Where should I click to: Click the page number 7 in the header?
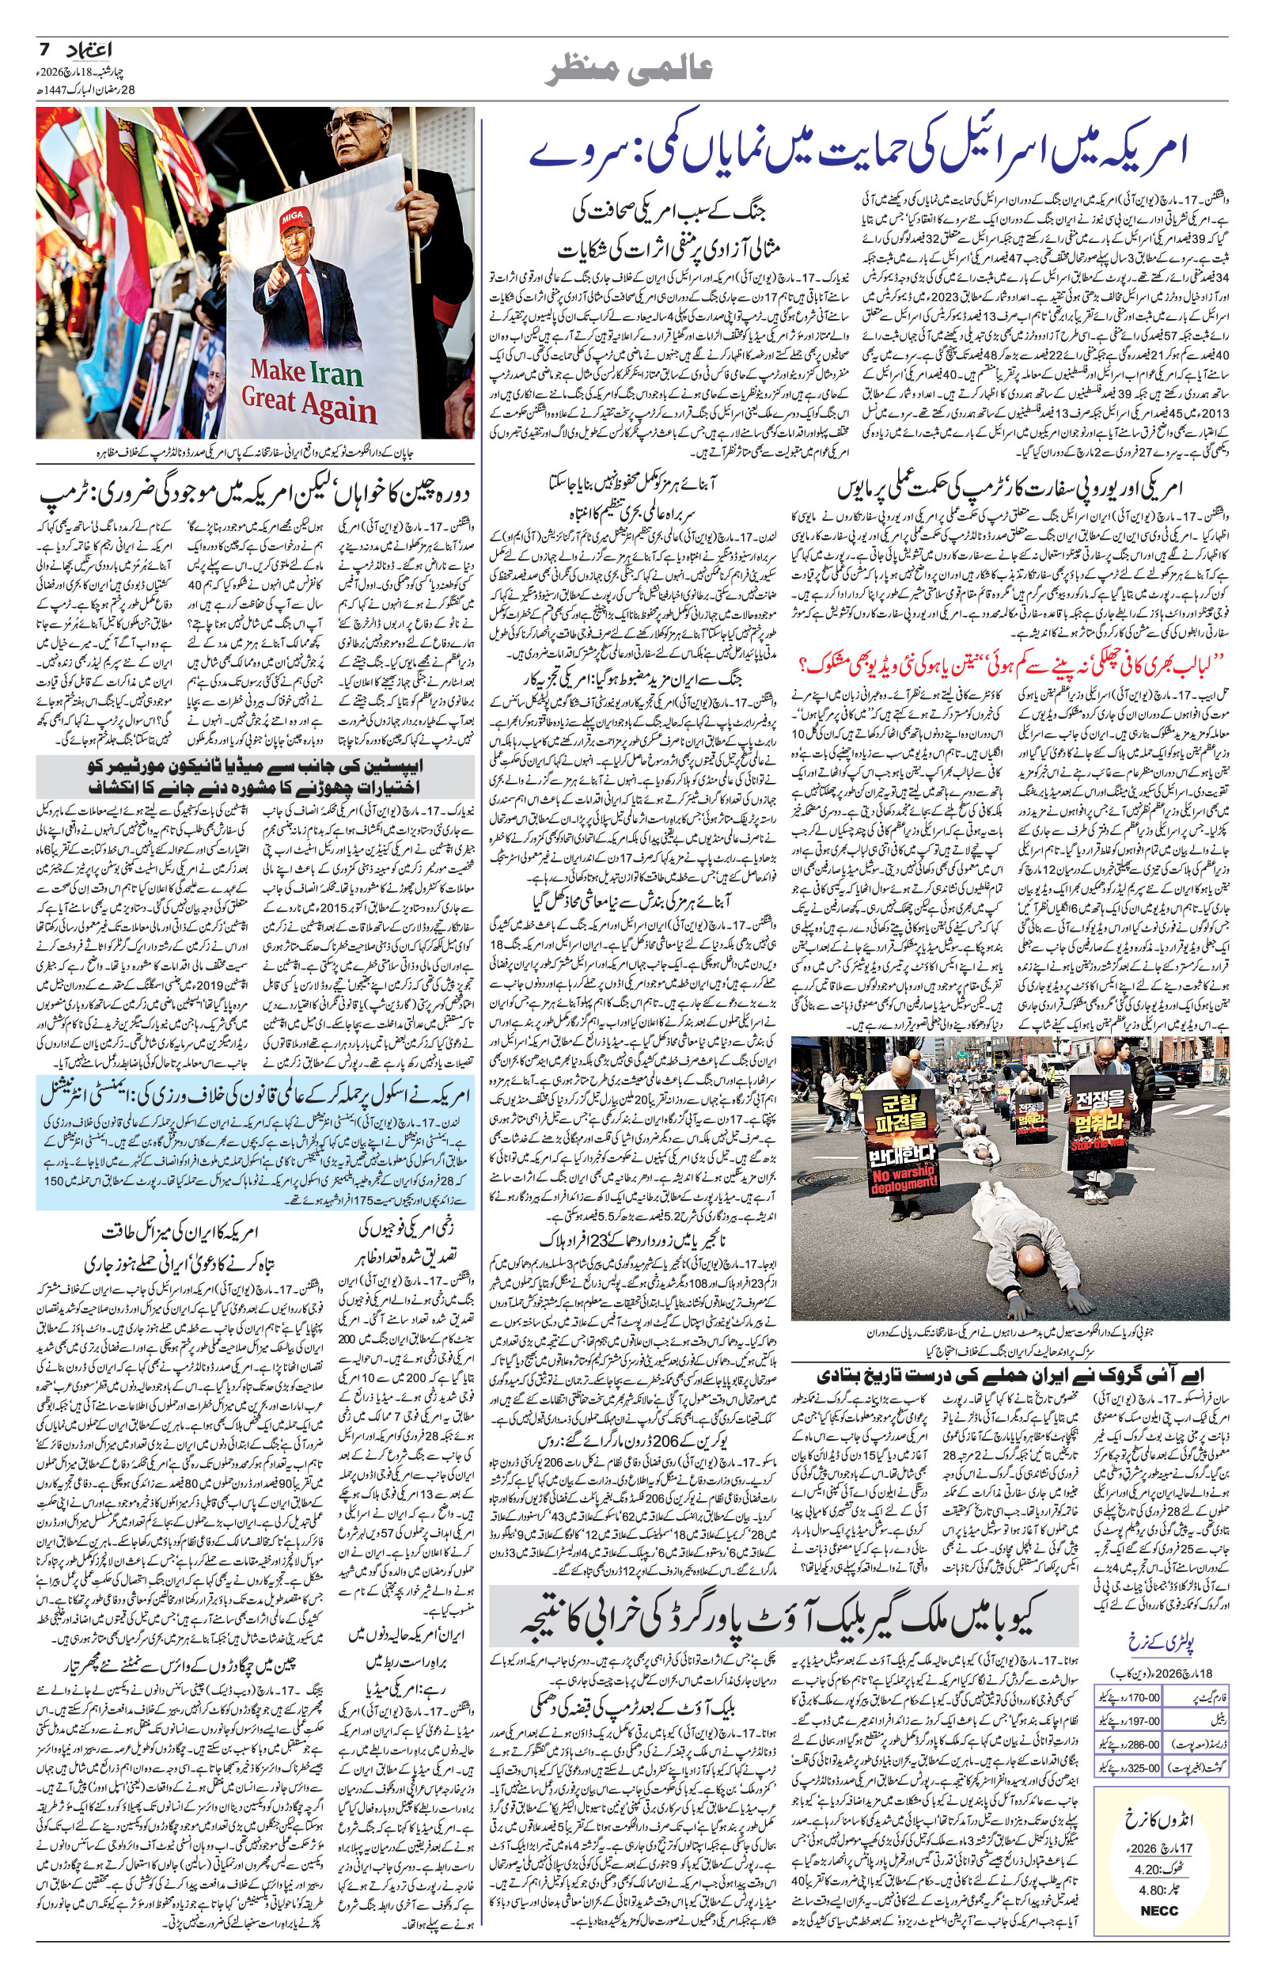(45, 50)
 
